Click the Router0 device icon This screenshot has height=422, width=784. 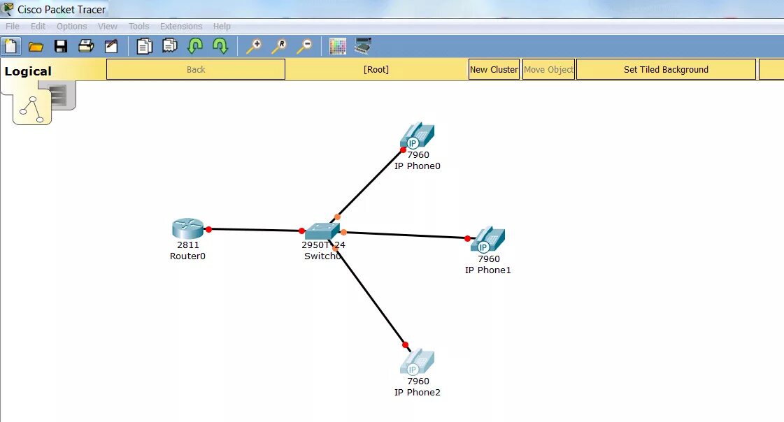pyautogui.click(x=187, y=228)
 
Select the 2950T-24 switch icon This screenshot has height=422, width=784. pyautogui.click(x=322, y=231)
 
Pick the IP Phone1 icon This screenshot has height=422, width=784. pyautogui.click(x=488, y=240)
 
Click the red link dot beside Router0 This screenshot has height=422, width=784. pyautogui.click(x=208, y=228)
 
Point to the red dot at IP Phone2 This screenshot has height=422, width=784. pyautogui.click(x=405, y=344)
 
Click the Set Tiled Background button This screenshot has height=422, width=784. pyautogui.click(x=666, y=70)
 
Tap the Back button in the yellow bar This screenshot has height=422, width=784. pyautogui.click(x=196, y=70)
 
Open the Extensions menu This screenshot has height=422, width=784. pyautogui.click(x=181, y=27)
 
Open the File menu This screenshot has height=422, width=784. pyautogui.click(x=13, y=27)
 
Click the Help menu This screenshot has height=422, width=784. pyautogui.click(x=222, y=27)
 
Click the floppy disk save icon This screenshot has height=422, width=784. pyautogui.click(x=61, y=47)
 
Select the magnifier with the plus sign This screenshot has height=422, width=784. pyautogui.click(x=254, y=47)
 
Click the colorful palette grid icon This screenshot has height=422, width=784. pyautogui.click(x=338, y=47)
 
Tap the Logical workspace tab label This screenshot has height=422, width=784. pyautogui.click(x=28, y=71)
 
